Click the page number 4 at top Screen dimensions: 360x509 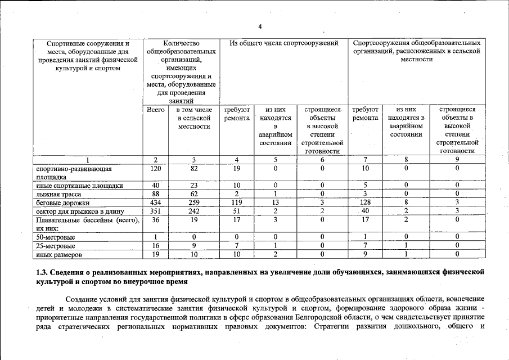tap(260, 26)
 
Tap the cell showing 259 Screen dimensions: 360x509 tap(193, 202)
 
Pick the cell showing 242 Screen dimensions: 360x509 tap(193, 211)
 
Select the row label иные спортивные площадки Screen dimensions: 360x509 tap(79, 185)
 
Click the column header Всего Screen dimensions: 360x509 tap(155, 110)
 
